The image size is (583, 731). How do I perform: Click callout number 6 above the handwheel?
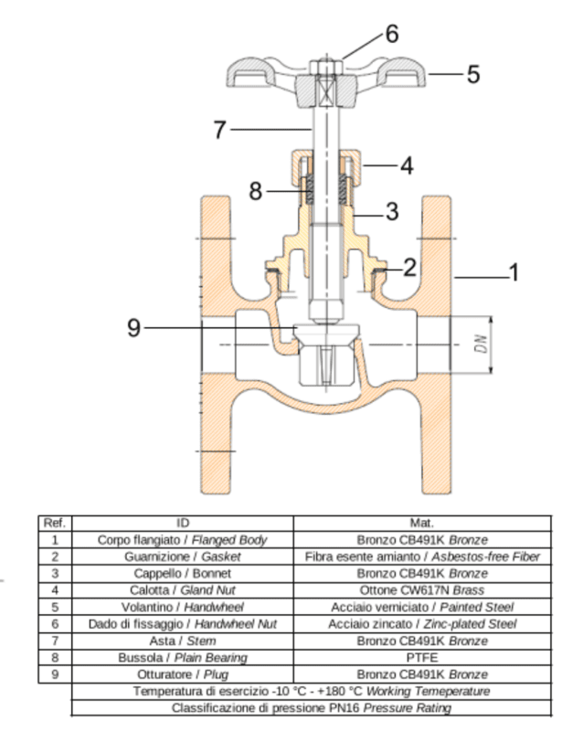390,34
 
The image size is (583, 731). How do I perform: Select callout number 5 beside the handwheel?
472,74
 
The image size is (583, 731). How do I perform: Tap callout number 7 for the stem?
219,131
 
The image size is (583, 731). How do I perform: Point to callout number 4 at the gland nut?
408,166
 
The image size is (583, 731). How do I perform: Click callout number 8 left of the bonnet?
257,191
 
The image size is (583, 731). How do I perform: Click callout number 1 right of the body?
514,273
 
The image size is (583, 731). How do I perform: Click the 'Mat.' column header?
422,524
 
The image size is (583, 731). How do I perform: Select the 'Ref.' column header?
55,524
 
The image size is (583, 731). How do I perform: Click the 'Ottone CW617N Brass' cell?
422,591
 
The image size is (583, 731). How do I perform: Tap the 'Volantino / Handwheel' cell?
183,608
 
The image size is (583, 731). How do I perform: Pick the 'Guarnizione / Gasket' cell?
183,556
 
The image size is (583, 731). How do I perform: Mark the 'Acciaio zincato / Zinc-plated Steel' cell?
422,624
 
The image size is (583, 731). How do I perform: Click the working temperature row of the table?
312,691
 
